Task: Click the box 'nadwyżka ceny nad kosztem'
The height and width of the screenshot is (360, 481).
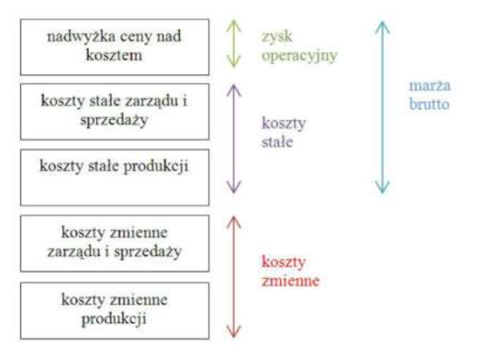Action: (x=114, y=47)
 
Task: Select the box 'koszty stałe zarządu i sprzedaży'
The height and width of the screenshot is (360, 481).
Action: (x=114, y=112)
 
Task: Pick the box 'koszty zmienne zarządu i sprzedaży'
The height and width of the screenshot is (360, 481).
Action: (x=114, y=243)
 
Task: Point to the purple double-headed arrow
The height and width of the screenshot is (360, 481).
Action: (x=234, y=138)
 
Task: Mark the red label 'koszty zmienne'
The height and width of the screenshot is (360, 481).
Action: (x=285, y=272)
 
